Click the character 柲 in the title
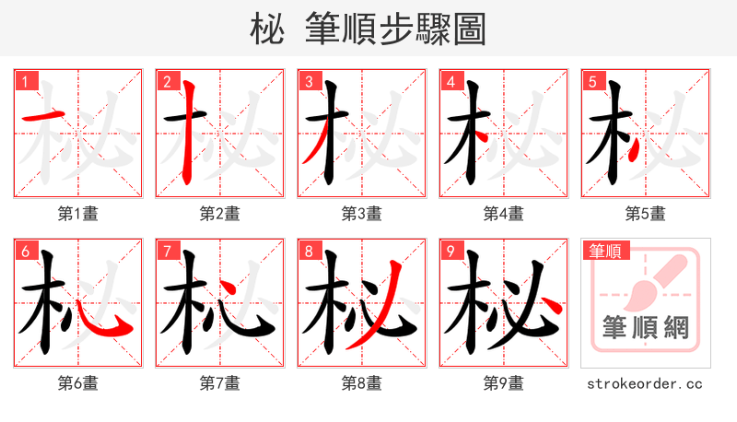pos(267,30)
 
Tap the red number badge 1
pos(24,81)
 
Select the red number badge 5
pos(591,81)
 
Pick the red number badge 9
pos(450,251)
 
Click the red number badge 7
pos(166,251)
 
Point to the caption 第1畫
pos(78,213)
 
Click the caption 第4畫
pos(504,213)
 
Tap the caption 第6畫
pos(78,382)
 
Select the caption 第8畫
pos(362,382)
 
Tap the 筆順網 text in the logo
pos(645,327)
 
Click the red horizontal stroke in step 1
pos(42,117)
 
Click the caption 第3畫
pos(362,213)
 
